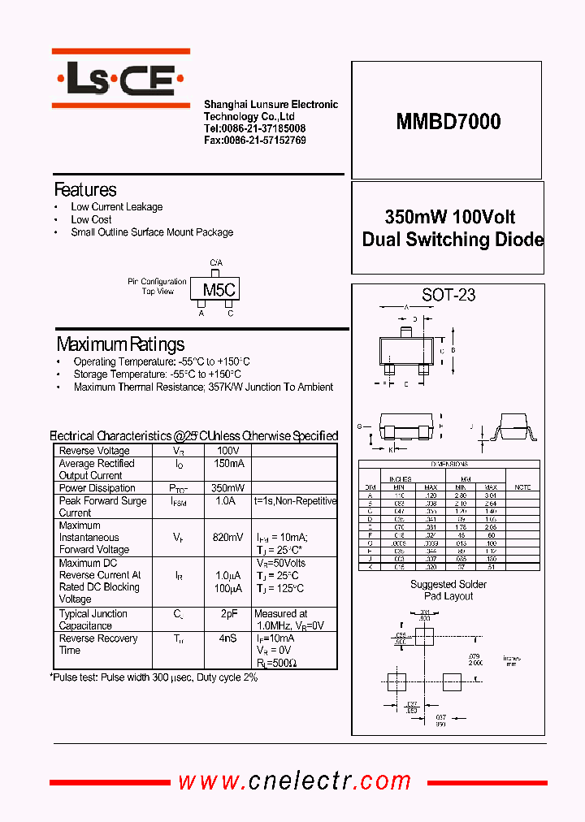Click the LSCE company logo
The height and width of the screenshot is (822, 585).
(x=120, y=79)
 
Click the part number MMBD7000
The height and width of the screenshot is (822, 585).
(x=448, y=122)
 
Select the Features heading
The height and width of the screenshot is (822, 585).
(x=85, y=190)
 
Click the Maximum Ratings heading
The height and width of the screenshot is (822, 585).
(x=120, y=344)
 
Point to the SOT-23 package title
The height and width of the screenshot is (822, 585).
(x=448, y=296)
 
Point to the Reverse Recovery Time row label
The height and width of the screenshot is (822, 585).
(x=99, y=644)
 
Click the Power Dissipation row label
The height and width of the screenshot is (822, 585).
(x=97, y=488)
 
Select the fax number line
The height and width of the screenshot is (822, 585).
(x=254, y=141)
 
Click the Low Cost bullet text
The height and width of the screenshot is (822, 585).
(x=91, y=219)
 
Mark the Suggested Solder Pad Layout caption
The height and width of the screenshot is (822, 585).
(x=448, y=590)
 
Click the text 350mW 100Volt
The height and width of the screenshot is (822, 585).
(x=449, y=218)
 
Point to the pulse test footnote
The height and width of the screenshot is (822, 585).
(x=154, y=677)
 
